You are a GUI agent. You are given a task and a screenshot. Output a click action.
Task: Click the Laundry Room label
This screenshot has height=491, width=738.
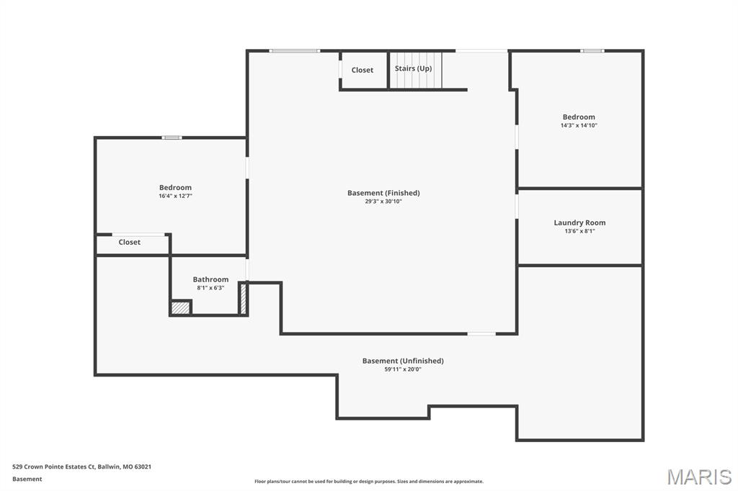(579, 222)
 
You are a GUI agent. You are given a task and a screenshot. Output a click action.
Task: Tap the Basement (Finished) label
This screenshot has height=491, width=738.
(383, 193)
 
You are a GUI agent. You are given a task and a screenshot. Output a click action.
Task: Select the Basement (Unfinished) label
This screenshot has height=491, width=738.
(403, 361)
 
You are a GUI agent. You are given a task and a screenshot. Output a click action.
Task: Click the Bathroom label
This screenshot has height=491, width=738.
(210, 279)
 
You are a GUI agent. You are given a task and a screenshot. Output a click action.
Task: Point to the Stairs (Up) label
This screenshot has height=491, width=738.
(413, 68)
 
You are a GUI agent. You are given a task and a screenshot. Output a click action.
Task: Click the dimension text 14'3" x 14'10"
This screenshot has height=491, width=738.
(579, 125)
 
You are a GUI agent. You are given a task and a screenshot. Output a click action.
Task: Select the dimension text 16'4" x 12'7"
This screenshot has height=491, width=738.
(176, 196)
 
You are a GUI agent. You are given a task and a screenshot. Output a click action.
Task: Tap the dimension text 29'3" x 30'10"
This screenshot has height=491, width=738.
(383, 202)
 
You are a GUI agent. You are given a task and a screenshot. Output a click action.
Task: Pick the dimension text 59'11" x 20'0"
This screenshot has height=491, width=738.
(403, 369)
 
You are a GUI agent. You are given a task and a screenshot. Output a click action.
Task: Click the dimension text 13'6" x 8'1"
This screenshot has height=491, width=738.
(579, 231)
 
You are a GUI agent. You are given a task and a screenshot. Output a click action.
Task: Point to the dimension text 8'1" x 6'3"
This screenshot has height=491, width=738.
(210, 288)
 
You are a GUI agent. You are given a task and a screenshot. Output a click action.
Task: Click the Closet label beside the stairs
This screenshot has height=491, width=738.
(363, 70)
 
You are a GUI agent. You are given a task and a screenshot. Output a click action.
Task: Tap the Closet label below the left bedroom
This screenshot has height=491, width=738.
(130, 242)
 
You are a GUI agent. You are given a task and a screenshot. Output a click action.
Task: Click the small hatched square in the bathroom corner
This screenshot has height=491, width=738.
(180, 308)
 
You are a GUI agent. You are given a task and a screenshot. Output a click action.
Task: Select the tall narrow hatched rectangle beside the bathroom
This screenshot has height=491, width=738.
(244, 299)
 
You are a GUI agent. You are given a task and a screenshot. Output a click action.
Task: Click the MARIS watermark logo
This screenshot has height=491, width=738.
(699, 477)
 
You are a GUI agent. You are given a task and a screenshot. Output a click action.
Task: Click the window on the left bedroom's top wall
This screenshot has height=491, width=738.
(172, 138)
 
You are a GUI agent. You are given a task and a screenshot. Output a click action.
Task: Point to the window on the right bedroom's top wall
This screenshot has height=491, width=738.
(592, 51)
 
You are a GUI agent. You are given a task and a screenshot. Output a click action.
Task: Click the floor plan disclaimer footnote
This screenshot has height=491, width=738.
(369, 482)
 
